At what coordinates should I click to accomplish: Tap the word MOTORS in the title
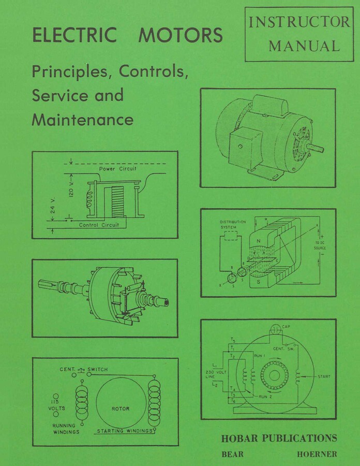pos(181,35)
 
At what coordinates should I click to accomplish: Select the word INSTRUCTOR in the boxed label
pos(299,22)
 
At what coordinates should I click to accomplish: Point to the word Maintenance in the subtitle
pos(83,120)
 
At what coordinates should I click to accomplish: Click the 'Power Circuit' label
pos(117,169)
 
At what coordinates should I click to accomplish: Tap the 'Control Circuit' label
pos(99,225)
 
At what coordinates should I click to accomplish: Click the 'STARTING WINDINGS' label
pos(125,431)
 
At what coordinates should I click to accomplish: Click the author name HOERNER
pos(317,454)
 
